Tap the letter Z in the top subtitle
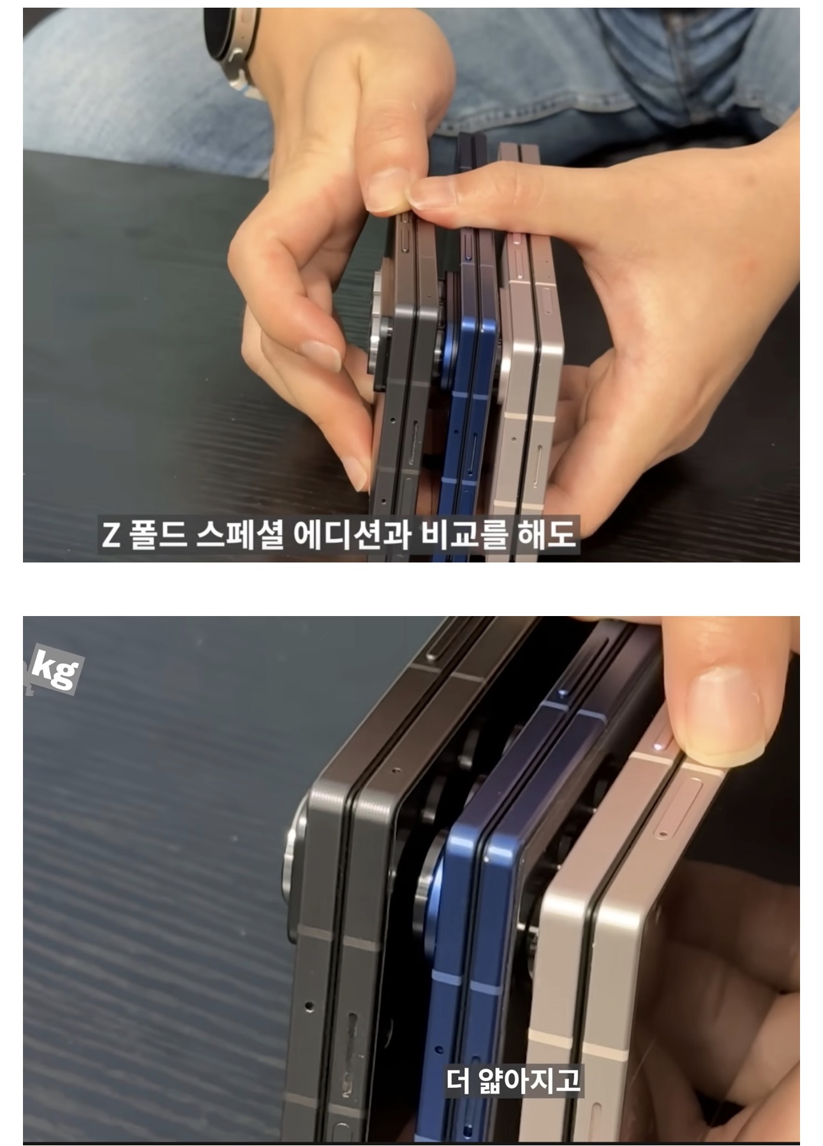111,535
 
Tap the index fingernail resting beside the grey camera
322,356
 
